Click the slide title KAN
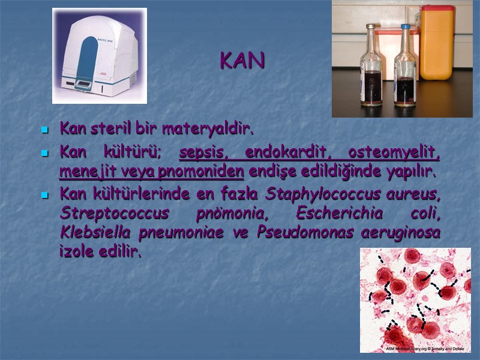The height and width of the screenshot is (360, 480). pos(242,61)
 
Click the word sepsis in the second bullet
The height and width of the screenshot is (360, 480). pos(203,153)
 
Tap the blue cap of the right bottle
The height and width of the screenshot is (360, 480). pos(406,27)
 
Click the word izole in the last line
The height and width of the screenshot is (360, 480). pos(75,251)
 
